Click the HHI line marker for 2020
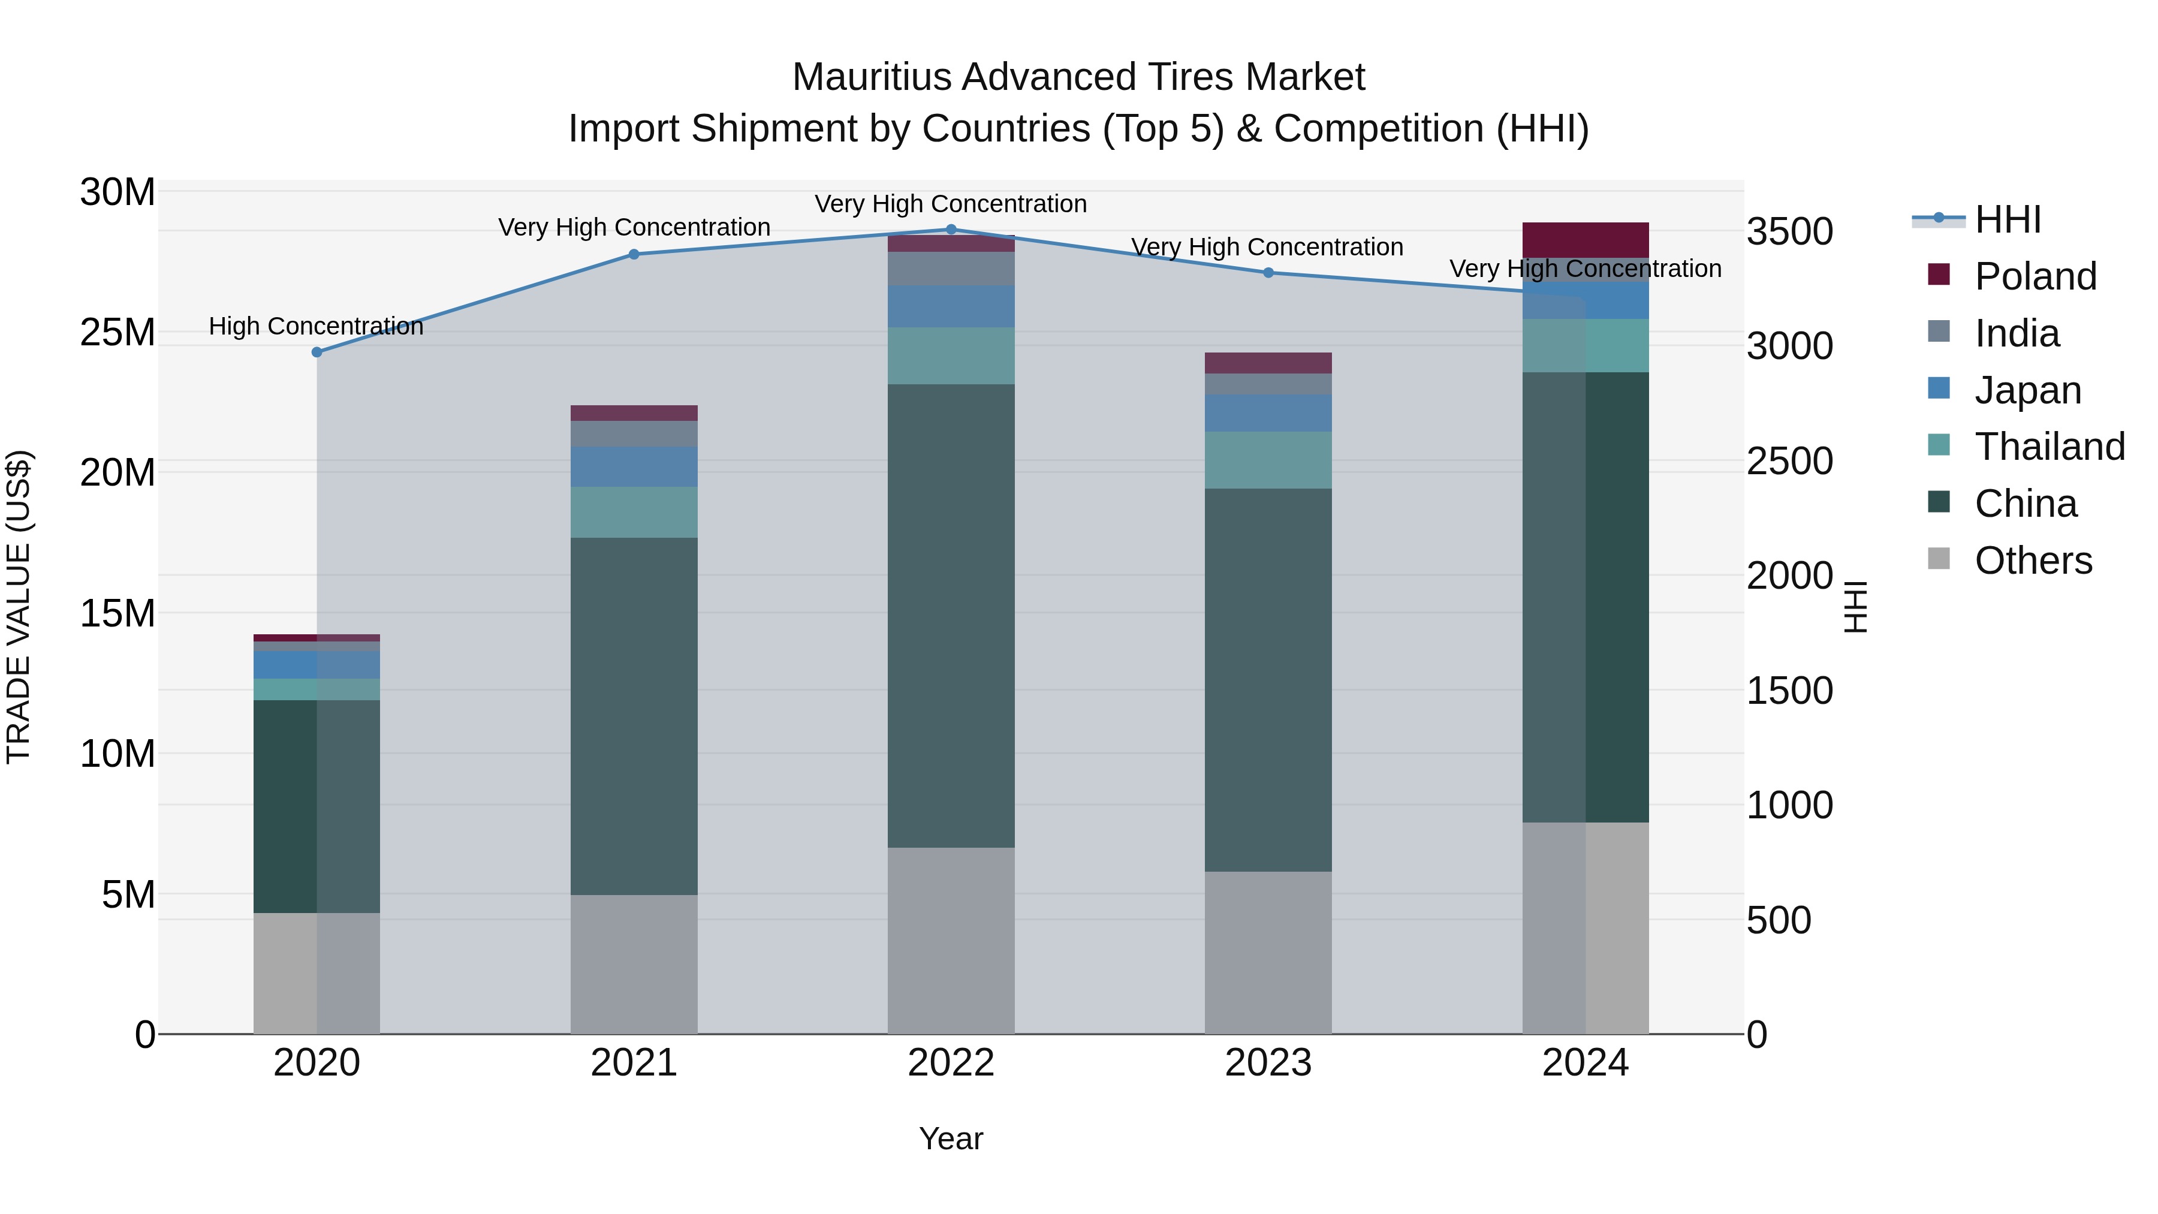tap(317, 353)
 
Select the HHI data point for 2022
tap(951, 230)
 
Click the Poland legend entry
tap(2035, 276)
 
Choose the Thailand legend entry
tap(2049, 447)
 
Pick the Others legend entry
tap(2033, 561)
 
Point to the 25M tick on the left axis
tap(117, 333)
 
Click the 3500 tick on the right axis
tap(1789, 232)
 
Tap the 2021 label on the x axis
tap(634, 1063)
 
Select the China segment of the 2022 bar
tap(951, 616)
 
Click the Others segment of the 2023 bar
tap(1268, 953)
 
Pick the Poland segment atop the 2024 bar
tap(1585, 240)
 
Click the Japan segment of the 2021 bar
tap(634, 466)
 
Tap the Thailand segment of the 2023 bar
tap(1268, 460)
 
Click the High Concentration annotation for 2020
tap(316, 327)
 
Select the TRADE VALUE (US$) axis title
tap(19, 607)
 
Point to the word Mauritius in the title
tap(871, 78)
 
